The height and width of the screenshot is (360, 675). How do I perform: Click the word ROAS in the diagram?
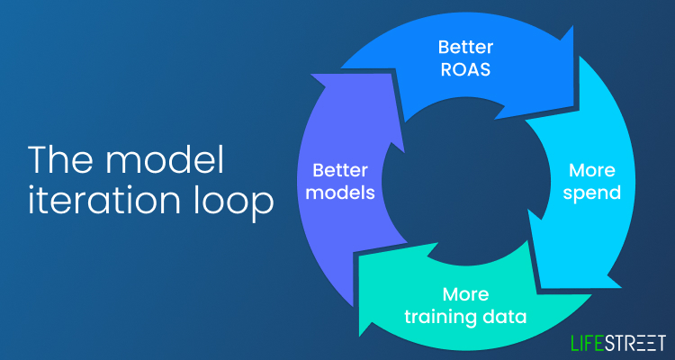click(465, 70)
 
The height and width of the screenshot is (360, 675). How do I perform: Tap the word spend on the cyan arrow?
click(592, 193)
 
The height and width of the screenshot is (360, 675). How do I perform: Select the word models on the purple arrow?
click(343, 193)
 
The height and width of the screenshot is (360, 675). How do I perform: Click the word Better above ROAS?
click(465, 47)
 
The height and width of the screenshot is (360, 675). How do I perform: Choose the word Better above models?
click(340, 170)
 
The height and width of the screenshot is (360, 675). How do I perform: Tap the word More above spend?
click(592, 170)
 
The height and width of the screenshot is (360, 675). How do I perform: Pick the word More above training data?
click(466, 294)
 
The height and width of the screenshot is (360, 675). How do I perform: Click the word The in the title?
click(61, 159)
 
